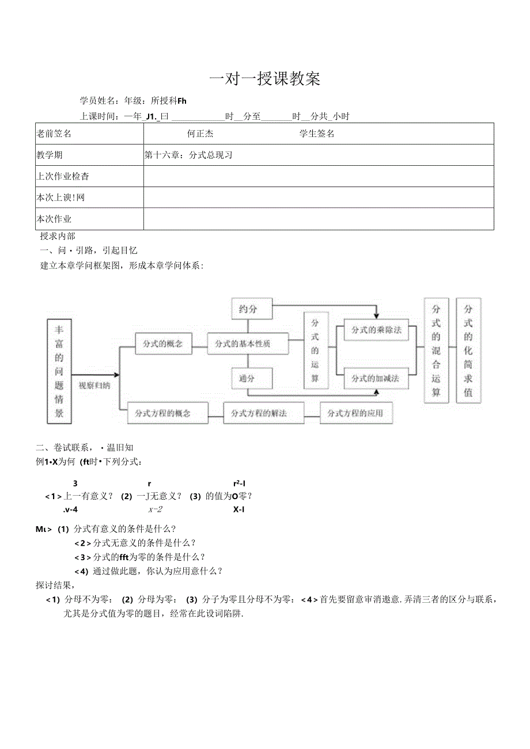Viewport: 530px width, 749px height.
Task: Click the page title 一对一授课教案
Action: (x=264, y=79)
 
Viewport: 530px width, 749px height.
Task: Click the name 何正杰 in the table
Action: (x=200, y=134)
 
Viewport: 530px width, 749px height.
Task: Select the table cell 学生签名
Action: (x=316, y=134)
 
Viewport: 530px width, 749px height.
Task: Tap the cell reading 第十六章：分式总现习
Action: (x=188, y=155)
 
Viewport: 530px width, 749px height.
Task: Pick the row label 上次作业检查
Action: (x=63, y=176)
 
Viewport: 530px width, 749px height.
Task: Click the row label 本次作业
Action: (x=54, y=219)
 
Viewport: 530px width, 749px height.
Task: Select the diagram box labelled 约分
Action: (x=248, y=309)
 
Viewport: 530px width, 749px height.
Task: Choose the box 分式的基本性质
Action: (x=243, y=344)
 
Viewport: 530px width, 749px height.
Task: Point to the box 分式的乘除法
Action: (x=376, y=330)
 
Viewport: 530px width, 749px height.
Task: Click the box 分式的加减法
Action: (x=376, y=378)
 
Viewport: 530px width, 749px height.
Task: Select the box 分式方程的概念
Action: (x=163, y=413)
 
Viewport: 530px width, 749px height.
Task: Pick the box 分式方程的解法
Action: (x=259, y=413)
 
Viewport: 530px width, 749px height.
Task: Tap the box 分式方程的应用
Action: (x=355, y=413)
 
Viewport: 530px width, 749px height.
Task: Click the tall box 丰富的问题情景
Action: (x=59, y=371)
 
